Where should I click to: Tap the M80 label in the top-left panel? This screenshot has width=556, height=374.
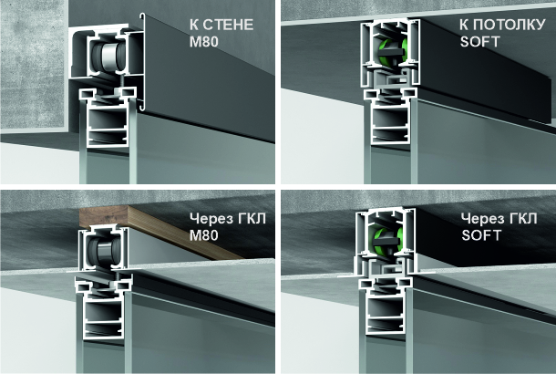click(x=204, y=42)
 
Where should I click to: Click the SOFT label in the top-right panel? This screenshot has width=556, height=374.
click(x=479, y=42)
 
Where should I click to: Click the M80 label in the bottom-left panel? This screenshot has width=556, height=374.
click(x=204, y=235)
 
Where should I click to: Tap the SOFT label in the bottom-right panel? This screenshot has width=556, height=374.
click(x=481, y=235)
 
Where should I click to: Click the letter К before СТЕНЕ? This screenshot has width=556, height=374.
click(x=194, y=25)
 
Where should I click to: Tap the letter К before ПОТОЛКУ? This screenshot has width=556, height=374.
click(x=465, y=25)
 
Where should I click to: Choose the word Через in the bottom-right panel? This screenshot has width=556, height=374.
click(x=484, y=219)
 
